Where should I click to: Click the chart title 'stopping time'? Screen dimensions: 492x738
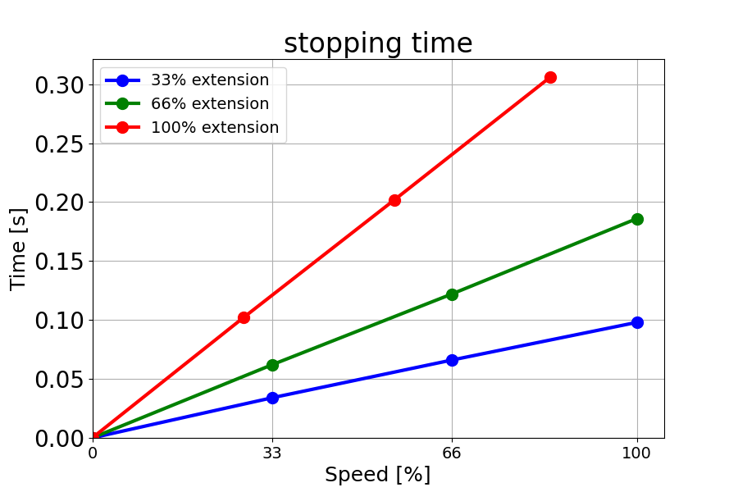378,43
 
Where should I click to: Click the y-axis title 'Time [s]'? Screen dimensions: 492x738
18,248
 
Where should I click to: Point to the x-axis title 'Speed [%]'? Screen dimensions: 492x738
377,475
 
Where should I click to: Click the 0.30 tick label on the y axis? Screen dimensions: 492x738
59,85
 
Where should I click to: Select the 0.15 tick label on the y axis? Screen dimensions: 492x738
59,262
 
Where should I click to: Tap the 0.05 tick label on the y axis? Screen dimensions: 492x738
59,380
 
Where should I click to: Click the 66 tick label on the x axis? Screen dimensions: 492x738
452,453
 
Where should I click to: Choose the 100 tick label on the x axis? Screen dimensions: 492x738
637,453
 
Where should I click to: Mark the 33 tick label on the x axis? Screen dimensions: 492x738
272,453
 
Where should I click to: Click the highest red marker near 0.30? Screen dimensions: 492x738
550,77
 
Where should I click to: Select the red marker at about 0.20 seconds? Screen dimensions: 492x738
394,200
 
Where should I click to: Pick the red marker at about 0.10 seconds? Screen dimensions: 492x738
244,317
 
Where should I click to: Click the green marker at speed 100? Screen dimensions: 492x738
637,219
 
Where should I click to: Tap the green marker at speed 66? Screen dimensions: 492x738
452,294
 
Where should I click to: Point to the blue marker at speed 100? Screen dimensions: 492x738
637,322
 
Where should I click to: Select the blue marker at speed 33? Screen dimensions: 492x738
272,398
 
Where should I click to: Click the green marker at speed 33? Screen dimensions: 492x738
272,365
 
